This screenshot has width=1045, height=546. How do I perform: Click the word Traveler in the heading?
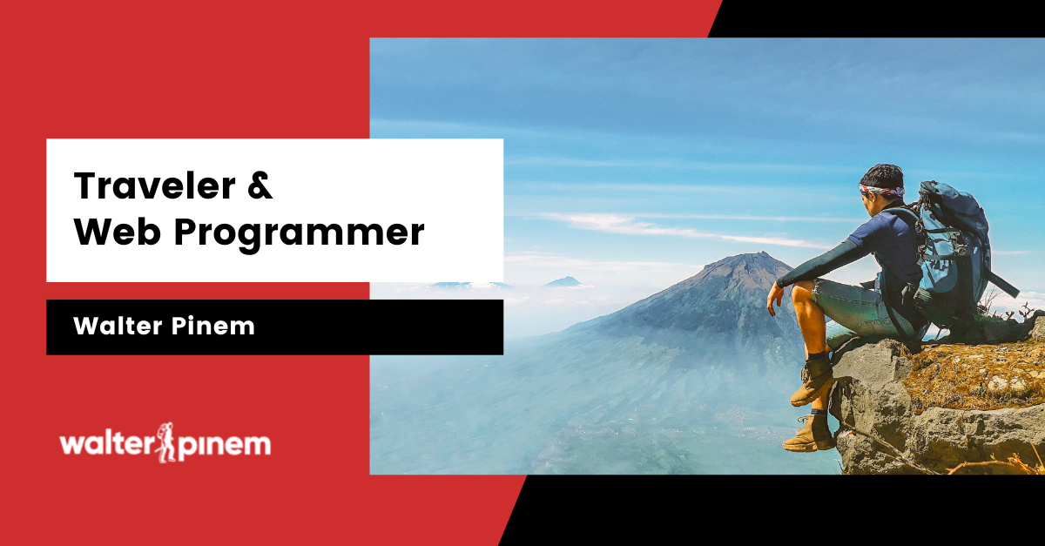point(154,185)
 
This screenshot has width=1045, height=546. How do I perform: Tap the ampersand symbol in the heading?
point(260,185)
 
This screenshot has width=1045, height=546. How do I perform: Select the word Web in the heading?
point(117,232)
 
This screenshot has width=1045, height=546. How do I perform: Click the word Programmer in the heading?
point(299,235)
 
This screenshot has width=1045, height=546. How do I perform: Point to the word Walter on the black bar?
point(118,326)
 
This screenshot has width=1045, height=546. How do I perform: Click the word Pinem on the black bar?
point(213,326)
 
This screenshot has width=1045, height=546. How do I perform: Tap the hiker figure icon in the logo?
point(165,442)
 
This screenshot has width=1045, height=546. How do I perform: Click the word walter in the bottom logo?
point(108,444)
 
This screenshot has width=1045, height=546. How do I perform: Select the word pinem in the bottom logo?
point(224,447)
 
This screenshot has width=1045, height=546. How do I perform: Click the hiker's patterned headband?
point(881,191)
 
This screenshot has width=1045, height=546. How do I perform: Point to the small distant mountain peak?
point(564,281)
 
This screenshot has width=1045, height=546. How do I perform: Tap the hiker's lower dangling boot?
point(808,435)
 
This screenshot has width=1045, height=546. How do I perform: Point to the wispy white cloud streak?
point(677,229)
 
